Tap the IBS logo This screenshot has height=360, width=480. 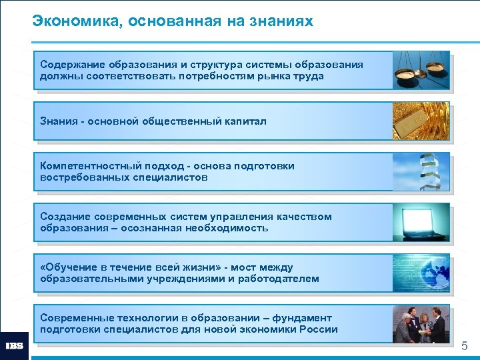click(14, 346)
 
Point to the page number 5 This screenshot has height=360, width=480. click(465, 345)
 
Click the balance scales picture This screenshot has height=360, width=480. click(421, 70)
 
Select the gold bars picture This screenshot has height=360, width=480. click(421, 121)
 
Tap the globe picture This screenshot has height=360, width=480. click(421, 273)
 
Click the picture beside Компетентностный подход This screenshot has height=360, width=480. click(421, 171)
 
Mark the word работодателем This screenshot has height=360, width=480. click(278, 279)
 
